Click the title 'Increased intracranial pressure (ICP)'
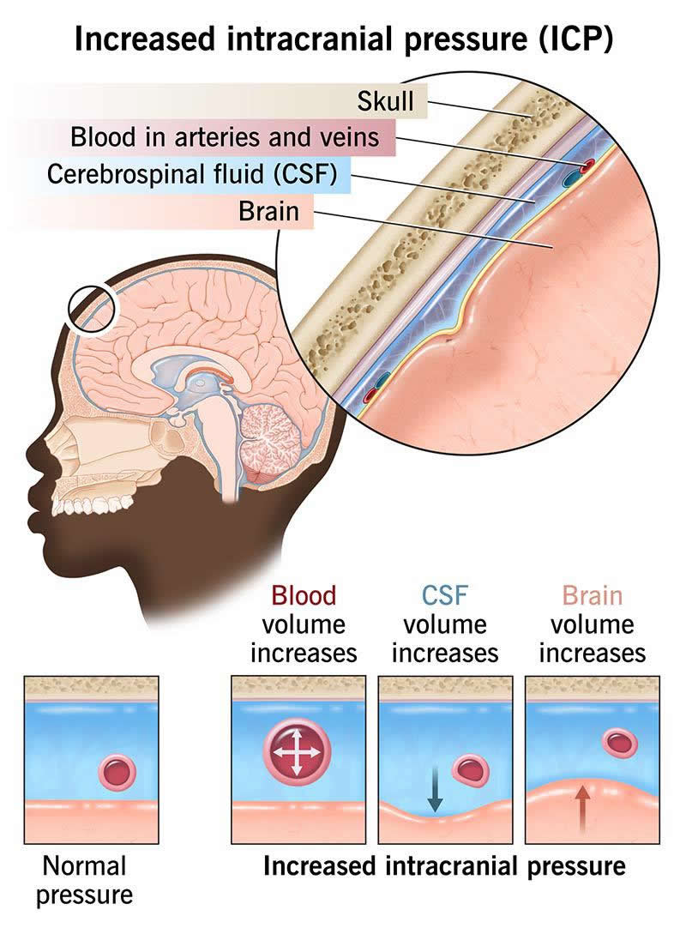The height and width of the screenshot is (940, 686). point(343,39)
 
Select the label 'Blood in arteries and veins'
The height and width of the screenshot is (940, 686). point(225,137)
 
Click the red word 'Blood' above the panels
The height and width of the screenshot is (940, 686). point(303,595)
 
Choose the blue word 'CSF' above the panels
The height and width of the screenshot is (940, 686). point(444,595)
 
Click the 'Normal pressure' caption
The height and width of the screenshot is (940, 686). point(84,880)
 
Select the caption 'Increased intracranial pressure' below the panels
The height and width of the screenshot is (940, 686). point(444,866)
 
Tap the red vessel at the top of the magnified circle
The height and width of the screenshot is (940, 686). point(587,166)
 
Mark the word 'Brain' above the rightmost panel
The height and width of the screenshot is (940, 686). point(592,595)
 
